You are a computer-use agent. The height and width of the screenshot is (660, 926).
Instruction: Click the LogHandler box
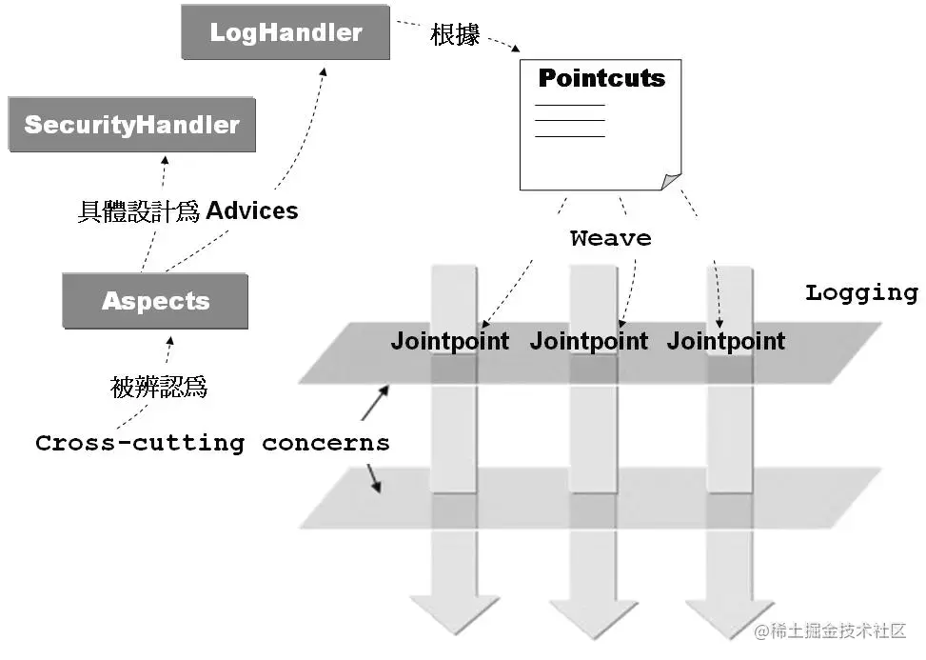(286, 33)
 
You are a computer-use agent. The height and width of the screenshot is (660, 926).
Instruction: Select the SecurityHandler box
(132, 125)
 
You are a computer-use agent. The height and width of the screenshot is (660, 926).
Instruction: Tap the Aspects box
(155, 302)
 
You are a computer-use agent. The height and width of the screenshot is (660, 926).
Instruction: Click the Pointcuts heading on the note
(601, 78)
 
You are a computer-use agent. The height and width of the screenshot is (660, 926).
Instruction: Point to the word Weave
(610, 238)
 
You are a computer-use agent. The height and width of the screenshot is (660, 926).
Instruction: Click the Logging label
(860, 292)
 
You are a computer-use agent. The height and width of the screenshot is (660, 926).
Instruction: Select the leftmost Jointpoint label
(449, 341)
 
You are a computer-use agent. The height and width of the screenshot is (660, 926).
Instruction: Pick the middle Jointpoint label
(588, 341)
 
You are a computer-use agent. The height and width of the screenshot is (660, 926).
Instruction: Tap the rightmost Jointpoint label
(726, 341)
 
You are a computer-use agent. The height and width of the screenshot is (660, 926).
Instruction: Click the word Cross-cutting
(140, 443)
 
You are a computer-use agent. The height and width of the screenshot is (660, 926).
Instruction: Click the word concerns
(325, 443)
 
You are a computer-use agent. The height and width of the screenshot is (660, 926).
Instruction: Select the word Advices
(252, 210)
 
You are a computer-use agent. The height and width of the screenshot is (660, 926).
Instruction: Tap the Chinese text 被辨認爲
(159, 388)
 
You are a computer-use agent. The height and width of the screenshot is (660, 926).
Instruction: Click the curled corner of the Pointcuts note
(671, 181)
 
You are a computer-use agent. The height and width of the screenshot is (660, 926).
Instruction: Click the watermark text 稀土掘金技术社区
(838, 631)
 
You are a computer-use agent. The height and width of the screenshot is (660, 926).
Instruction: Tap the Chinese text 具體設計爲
(138, 211)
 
